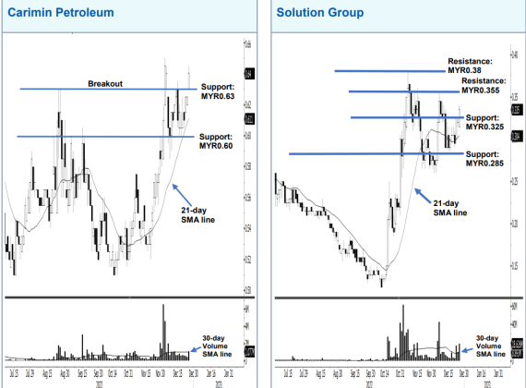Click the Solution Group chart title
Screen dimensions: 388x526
pyautogui.click(x=319, y=13)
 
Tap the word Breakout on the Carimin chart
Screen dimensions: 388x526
pyautogui.click(x=106, y=83)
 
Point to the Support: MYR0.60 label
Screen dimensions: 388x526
pyautogui.click(x=217, y=140)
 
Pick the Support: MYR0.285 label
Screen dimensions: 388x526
pyautogui.click(x=485, y=158)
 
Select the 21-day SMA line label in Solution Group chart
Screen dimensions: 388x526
pyautogui.click(x=450, y=207)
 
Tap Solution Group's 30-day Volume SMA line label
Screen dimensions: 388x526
pyautogui.click(x=490, y=346)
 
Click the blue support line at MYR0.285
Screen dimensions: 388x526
pyautogui.click(x=369, y=153)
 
